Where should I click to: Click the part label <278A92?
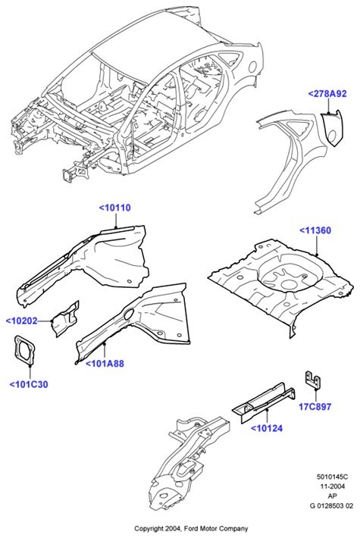327,94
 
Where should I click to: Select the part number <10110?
115,208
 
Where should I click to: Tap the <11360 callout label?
315,230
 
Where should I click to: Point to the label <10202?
21,321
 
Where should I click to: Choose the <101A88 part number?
105,364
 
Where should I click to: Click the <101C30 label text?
29,385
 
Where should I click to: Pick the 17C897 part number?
315,407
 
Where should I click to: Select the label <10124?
267,428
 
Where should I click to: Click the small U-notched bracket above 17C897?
313,380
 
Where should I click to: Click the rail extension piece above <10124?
264,402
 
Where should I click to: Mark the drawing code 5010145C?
332,477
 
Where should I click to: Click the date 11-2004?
332,486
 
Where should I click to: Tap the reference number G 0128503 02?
332,505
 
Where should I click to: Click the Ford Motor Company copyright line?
191,528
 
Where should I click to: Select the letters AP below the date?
332,496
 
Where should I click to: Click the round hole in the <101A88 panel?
128,314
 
